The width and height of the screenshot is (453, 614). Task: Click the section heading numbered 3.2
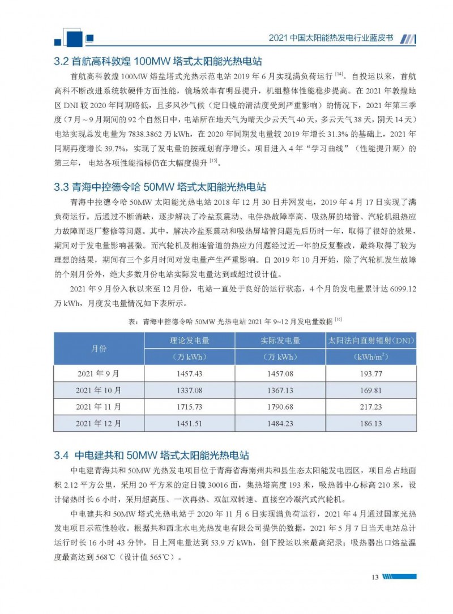point(158,61)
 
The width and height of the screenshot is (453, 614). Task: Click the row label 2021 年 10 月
point(99,390)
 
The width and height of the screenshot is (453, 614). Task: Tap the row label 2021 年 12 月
point(99,423)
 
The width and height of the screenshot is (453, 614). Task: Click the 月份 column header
point(99,349)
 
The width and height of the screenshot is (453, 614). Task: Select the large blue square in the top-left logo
point(74,37)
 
